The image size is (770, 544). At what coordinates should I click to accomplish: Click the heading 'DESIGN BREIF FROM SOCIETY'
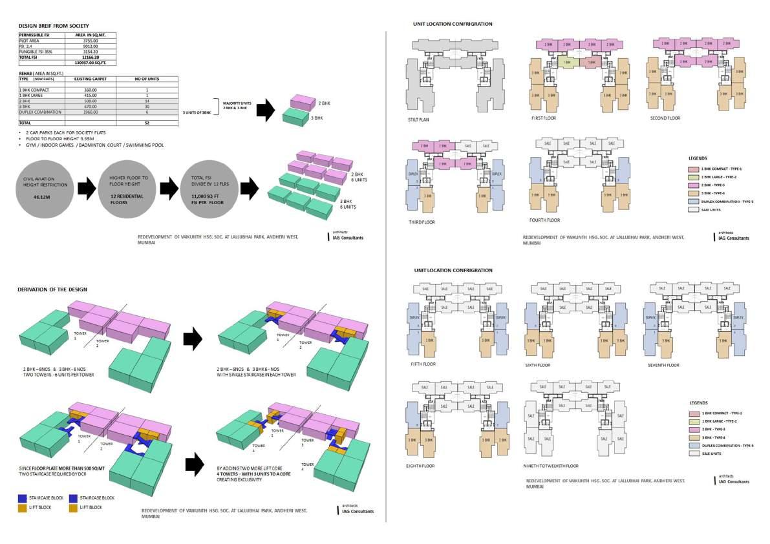[x=47, y=26]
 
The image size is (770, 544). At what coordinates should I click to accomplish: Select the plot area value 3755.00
[x=87, y=40]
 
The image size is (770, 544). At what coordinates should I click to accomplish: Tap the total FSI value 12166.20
[x=87, y=57]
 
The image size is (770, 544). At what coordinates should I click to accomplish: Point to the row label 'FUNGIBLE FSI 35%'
[x=36, y=51]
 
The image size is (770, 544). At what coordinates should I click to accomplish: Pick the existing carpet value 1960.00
[x=86, y=112]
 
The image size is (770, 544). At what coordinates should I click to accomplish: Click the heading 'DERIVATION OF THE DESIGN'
[x=52, y=289]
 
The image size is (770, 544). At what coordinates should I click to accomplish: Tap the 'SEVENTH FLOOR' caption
[x=663, y=365]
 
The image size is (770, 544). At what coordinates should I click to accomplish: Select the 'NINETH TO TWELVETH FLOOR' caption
[x=554, y=465]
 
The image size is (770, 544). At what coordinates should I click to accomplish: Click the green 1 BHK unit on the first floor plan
[x=567, y=63]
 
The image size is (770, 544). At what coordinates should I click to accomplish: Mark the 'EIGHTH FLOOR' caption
[x=423, y=465]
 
